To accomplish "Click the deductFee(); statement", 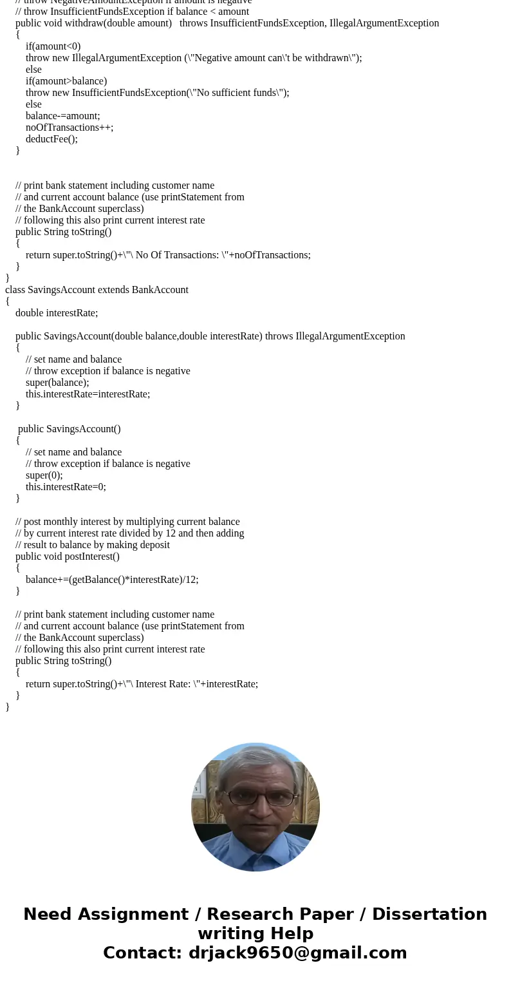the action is pos(51,139).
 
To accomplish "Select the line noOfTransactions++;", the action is pos(70,128).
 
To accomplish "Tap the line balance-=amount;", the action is pos(63,116).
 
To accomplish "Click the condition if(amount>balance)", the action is pos(66,81).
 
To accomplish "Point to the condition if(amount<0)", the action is pos(53,46).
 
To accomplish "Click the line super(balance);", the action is pos(57,383).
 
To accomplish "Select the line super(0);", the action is pos(44,475).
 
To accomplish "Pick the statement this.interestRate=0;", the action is pos(66,487).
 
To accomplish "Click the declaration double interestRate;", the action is pos(57,313).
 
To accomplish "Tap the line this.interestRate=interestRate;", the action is pos(88,394).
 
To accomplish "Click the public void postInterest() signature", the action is pos(68,557).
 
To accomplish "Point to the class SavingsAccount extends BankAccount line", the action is pos(97,290).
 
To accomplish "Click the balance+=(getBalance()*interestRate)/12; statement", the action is pos(112,580).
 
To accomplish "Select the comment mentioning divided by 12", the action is pos(129,533).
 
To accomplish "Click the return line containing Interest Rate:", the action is pos(142,684).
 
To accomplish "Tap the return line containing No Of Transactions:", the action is pos(168,255).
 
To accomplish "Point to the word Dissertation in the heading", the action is pos(429,915).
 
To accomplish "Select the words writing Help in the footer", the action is pos(256,934).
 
